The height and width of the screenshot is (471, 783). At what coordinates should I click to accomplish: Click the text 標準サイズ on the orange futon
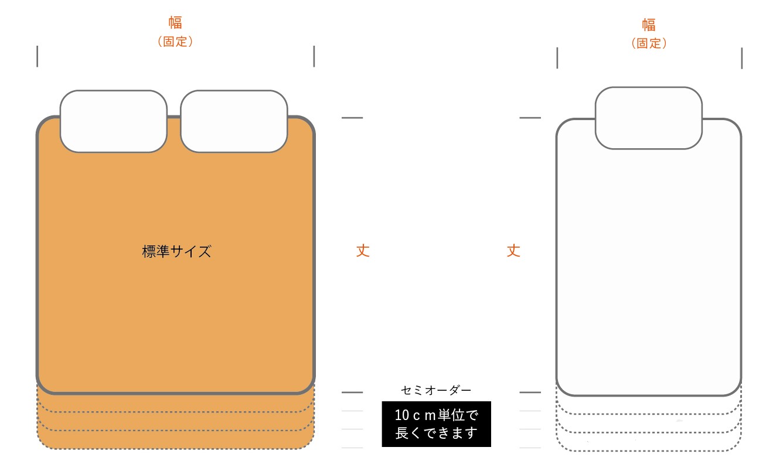click(x=176, y=252)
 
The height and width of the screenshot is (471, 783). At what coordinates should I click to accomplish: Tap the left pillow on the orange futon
click(x=114, y=121)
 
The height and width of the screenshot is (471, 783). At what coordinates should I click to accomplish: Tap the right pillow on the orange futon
click(x=234, y=121)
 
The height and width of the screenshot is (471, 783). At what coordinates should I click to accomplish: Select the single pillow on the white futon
click(x=649, y=118)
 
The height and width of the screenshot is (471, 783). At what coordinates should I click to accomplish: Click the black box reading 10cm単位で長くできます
click(x=437, y=424)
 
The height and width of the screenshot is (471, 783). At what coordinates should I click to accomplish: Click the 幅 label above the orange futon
click(x=175, y=23)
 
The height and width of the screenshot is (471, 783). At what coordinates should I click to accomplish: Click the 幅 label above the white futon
click(x=649, y=25)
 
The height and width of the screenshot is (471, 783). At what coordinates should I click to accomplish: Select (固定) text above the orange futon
click(x=175, y=42)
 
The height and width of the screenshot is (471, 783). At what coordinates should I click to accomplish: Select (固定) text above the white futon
click(x=649, y=43)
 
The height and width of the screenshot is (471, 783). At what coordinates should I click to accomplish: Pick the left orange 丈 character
click(x=363, y=251)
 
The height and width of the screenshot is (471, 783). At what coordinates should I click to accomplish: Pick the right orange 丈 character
click(x=513, y=251)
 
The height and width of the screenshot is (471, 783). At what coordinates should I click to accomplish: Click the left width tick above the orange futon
click(x=38, y=56)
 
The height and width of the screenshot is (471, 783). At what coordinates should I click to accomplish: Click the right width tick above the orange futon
click(x=314, y=56)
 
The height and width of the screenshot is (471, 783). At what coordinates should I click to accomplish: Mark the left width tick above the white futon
click(x=557, y=59)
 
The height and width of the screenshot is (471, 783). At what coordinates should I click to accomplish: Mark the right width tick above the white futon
click(x=742, y=59)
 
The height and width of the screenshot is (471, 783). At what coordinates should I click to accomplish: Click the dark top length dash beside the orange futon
click(x=352, y=118)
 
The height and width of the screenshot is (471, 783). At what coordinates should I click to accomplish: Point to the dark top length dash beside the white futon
click(x=530, y=118)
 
